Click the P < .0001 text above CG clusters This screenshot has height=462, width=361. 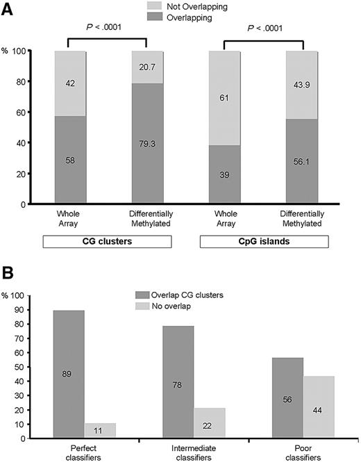tap(106, 29)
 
